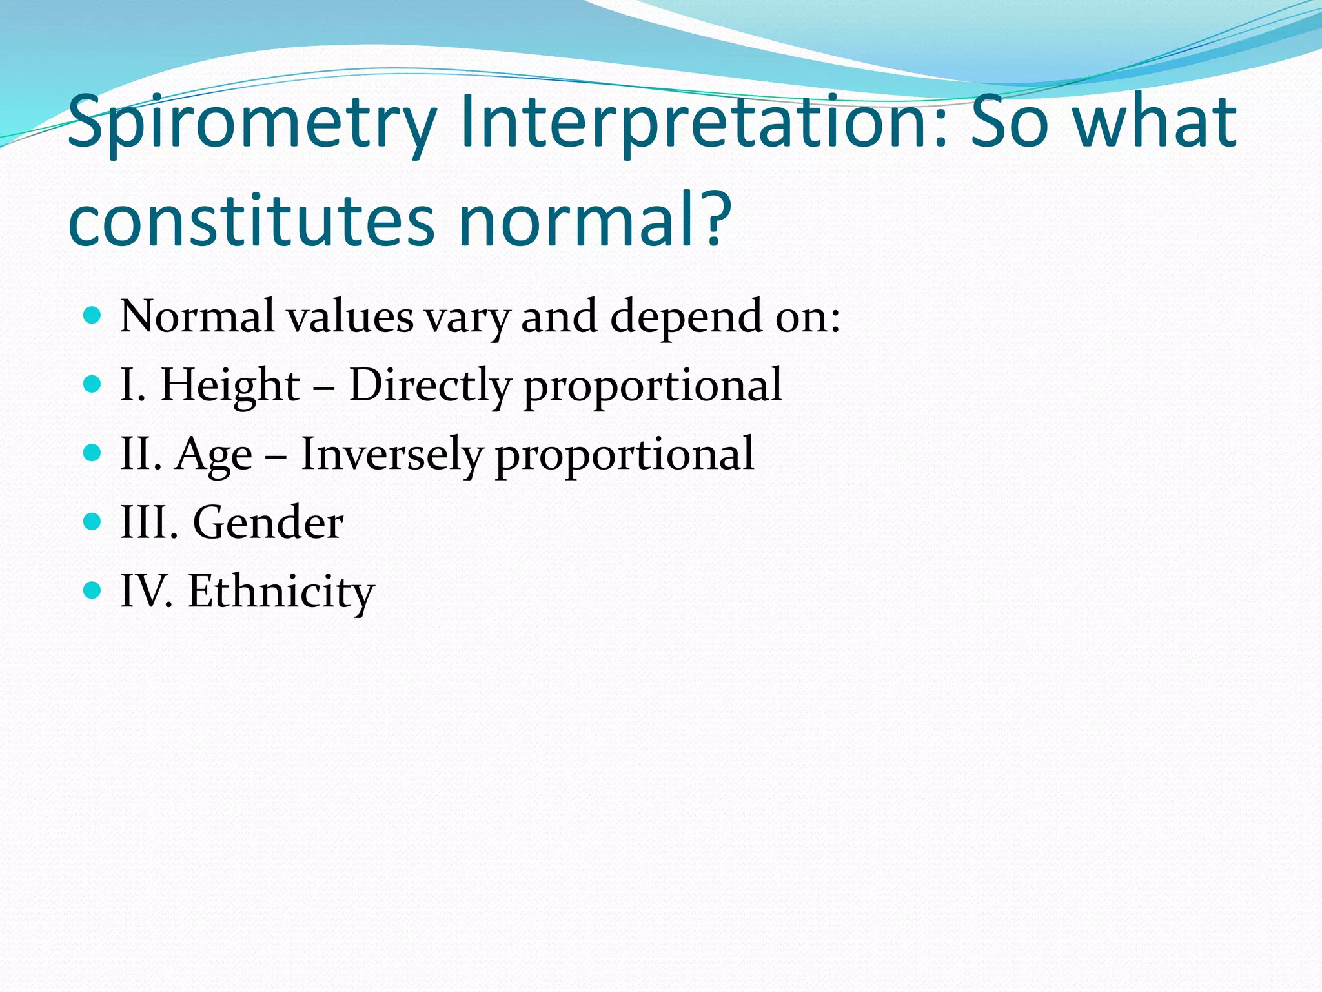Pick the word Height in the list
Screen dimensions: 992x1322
(x=230, y=386)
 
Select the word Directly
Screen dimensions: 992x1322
(x=430, y=386)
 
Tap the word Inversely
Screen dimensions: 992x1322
(x=392, y=454)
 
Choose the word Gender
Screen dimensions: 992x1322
(x=268, y=522)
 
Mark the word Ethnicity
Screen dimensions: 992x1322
(x=281, y=592)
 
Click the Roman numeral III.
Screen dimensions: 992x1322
(x=148, y=522)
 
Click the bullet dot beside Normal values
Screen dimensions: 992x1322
(x=93, y=316)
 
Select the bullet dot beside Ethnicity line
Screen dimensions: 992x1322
(x=93, y=590)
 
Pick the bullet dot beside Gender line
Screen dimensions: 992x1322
(x=93, y=521)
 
